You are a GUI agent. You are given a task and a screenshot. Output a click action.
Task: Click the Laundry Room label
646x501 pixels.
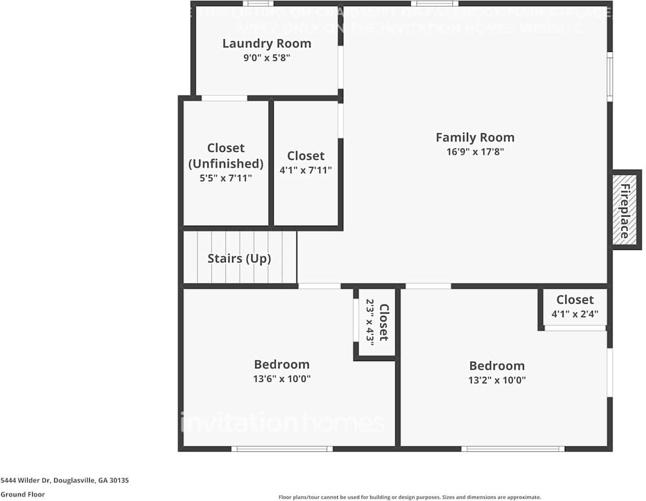click(267, 43)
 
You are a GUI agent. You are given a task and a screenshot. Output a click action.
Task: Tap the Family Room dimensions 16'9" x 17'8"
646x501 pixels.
click(474, 152)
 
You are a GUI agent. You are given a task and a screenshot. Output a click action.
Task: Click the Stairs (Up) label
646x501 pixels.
click(239, 259)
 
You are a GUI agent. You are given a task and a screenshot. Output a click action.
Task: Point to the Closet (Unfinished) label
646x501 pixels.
click(226, 156)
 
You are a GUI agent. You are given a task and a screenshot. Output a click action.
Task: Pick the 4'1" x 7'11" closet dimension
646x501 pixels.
click(305, 170)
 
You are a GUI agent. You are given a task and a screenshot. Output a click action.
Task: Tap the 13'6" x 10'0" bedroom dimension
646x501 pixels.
click(281, 379)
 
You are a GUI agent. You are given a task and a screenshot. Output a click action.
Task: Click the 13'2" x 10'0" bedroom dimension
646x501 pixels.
click(496, 380)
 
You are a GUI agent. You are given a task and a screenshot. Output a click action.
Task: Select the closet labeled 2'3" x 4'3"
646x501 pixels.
click(377, 322)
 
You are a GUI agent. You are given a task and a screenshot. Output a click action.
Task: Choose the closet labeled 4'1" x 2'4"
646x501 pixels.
click(575, 307)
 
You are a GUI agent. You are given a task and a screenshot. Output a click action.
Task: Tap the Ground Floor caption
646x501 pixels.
click(23, 495)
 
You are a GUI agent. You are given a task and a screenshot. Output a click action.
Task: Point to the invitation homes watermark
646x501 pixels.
click(282, 423)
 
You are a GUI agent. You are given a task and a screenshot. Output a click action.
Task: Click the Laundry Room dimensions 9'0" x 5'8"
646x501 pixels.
click(267, 58)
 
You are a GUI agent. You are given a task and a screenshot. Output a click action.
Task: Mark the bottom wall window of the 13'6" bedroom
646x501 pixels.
click(282, 449)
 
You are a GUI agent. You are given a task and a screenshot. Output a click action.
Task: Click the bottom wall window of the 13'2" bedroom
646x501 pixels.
click(513, 449)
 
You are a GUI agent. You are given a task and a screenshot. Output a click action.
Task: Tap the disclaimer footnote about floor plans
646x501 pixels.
click(409, 497)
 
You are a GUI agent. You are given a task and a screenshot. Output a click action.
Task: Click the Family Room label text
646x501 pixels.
click(474, 137)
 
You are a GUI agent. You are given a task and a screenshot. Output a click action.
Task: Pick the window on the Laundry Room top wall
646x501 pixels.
click(258, 3)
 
